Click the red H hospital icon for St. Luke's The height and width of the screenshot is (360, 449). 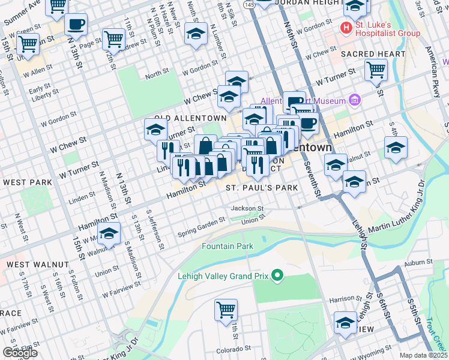click(x=346, y=28)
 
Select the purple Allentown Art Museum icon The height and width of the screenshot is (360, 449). click(x=354, y=100)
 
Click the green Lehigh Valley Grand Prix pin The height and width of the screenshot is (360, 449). click(x=277, y=276)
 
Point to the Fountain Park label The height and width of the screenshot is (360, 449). click(x=228, y=246)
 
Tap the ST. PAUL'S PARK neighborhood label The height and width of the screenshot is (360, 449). click(x=262, y=188)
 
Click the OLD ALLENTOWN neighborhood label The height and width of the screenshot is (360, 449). click(x=190, y=119)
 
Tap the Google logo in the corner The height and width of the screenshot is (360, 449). click(x=19, y=353)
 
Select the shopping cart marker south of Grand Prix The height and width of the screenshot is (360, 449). click(x=226, y=311)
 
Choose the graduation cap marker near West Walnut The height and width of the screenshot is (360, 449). click(x=109, y=233)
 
